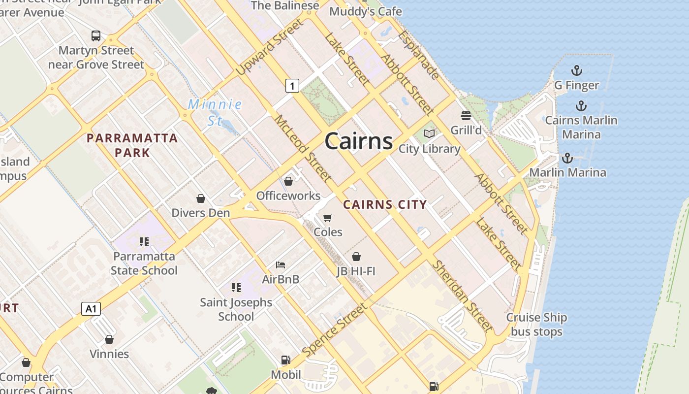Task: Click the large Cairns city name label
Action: pos(358,141)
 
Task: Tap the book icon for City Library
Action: pos(429,133)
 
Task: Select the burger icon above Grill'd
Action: pos(466,116)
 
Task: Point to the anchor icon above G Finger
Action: pos(576,70)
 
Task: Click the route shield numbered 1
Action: pos(292,86)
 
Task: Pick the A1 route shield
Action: pos(91,309)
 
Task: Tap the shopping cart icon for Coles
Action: pos(328,217)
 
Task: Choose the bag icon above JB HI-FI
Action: pos(356,257)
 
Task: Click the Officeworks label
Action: pos(288,196)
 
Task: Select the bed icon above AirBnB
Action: pos(281,265)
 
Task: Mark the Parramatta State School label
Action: pos(144,263)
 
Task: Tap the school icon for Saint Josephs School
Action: pos(236,287)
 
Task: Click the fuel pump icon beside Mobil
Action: pos(285,360)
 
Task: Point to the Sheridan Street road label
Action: pos(462,296)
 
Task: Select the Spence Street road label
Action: pos(335,330)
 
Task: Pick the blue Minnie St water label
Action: pos(215,112)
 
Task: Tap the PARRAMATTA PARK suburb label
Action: pos(132,145)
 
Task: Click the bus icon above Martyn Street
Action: pos(96,35)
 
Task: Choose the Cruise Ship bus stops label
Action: pos(536,325)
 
